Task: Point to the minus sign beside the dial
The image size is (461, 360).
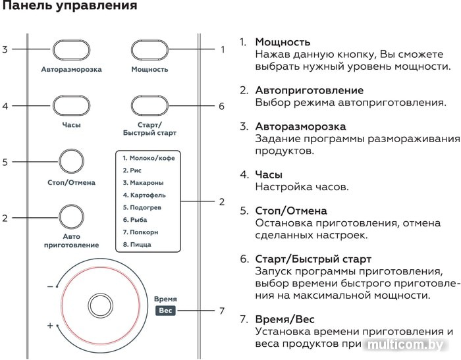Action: click(50, 286)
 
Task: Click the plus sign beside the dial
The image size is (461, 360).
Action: click(50, 326)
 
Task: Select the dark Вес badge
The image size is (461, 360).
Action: click(165, 311)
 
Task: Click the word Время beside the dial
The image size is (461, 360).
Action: click(165, 299)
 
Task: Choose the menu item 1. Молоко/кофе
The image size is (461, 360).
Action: click(149, 158)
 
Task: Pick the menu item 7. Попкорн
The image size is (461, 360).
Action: click(140, 232)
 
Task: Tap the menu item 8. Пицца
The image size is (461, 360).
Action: click(137, 245)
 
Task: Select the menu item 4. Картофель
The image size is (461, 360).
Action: click(144, 195)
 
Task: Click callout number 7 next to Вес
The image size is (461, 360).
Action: click(222, 311)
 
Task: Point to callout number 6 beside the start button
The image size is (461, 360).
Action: click(222, 106)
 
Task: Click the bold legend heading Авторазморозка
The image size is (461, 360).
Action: click(300, 126)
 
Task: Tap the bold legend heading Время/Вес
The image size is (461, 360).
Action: click(285, 319)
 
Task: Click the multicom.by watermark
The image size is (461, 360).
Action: click(406, 344)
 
